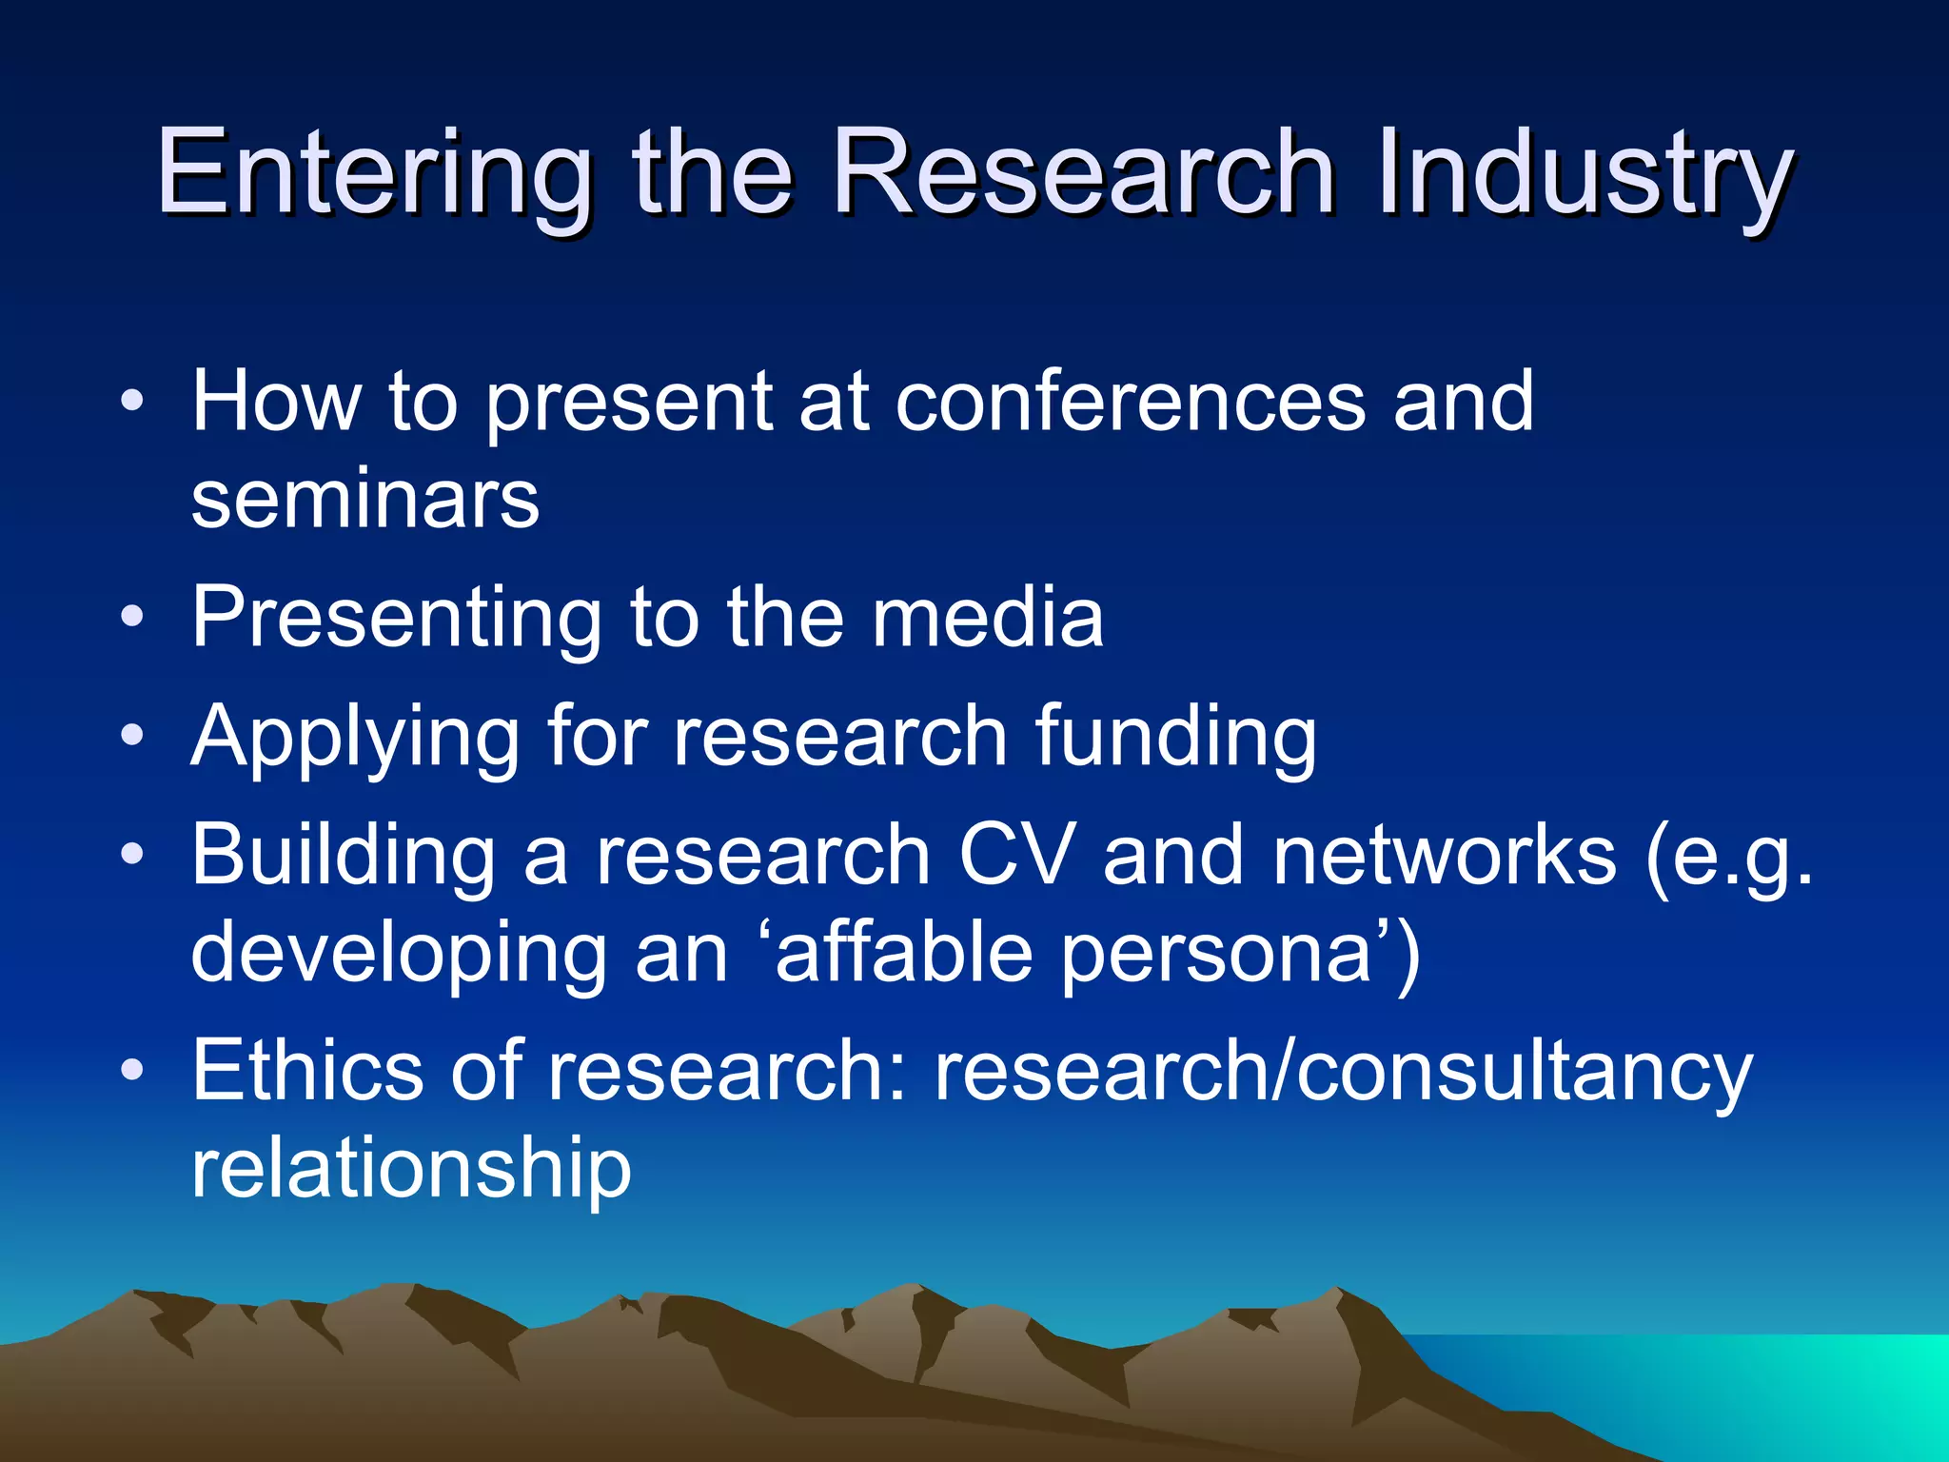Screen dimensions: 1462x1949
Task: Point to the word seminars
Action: tap(365, 500)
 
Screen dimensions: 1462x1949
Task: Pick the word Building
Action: tap(343, 857)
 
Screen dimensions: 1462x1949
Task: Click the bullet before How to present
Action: tap(132, 401)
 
